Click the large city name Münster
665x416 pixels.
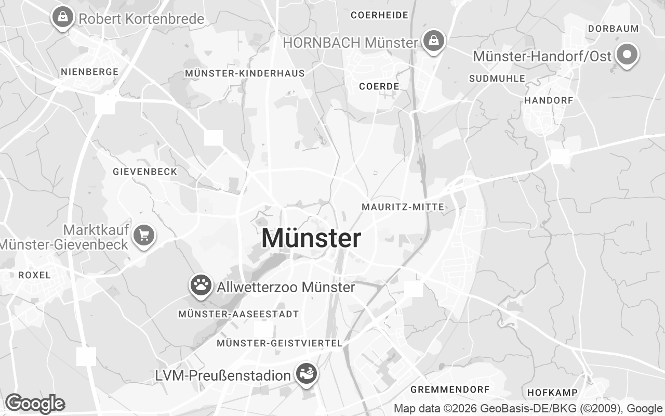311,239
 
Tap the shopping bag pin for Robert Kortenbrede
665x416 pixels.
62,18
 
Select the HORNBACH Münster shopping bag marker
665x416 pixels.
432,41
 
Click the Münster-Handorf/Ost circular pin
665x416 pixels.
627,54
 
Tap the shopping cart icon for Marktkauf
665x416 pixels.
144,236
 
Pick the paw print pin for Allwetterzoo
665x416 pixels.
201,285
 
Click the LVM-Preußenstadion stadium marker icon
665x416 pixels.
307,373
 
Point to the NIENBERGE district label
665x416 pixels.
90,72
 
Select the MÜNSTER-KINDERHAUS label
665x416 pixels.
245,73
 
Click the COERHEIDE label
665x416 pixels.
379,15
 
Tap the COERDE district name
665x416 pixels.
379,86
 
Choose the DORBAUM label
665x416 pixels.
613,29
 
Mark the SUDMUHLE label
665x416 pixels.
497,79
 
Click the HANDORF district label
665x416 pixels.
549,100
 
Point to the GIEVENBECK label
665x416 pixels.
145,171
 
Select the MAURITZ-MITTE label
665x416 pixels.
403,207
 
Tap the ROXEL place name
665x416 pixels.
35,275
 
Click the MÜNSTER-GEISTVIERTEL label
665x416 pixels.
280,343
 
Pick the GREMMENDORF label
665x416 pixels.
450,389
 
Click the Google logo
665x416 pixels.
35,404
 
